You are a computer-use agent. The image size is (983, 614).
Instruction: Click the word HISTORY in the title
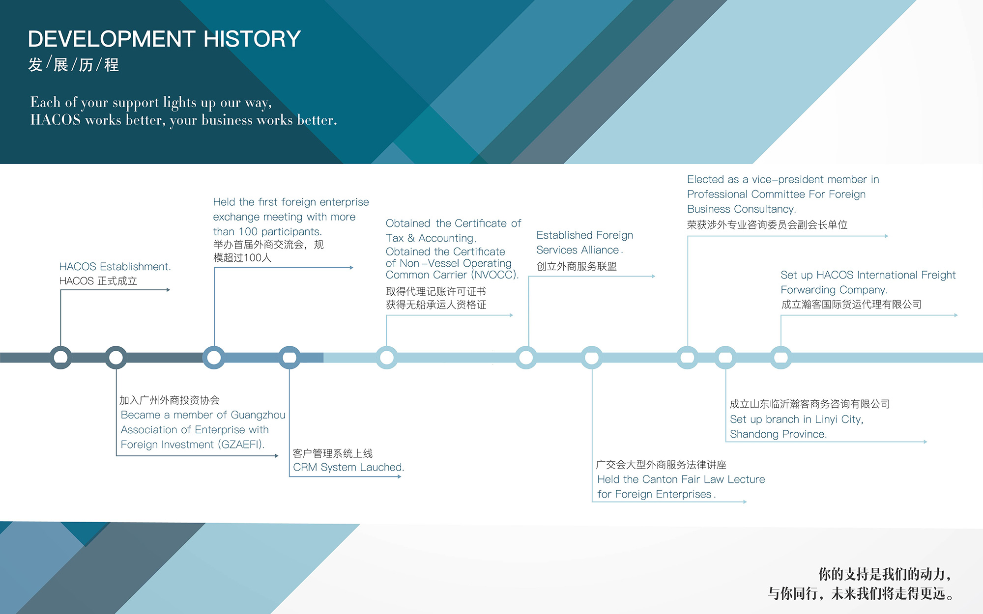point(252,39)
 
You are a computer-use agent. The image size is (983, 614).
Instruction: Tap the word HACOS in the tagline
point(56,120)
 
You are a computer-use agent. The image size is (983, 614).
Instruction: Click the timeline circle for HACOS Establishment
point(60,358)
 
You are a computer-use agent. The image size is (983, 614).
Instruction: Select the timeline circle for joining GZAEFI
point(116,358)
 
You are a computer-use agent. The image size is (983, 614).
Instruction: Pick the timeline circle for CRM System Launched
point(289,358)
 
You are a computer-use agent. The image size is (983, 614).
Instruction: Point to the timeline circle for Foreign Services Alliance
point(526,358)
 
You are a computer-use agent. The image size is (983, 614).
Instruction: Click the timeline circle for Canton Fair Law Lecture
point(592,358)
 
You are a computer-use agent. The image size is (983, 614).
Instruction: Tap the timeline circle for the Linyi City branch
point(725,358)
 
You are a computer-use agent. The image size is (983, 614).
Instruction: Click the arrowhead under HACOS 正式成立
point(168,290)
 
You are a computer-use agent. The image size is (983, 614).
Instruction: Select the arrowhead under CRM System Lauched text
point(400,476)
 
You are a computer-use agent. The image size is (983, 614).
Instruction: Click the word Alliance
point(600,250)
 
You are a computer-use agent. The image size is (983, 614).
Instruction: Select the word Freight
point(938,275)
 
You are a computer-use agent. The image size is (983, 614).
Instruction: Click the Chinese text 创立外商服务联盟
point(577,266)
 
